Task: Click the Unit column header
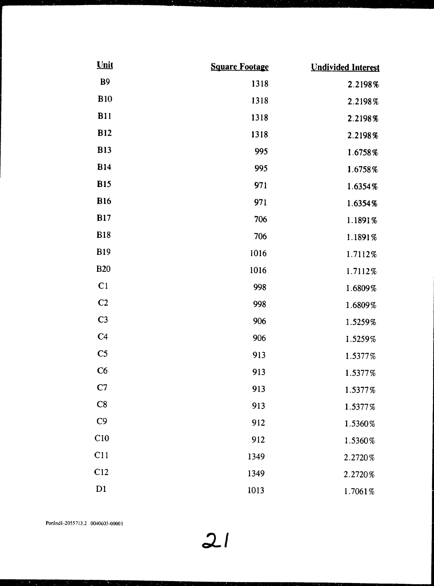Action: [x=105, y=65]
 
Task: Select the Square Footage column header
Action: [x=239, y=67]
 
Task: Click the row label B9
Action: [x=105, y=82]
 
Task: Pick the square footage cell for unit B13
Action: [x=261, y=151]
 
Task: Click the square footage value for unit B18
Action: [x=260, y=236]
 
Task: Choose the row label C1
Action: [x=103, y=286]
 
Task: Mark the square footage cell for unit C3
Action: [x=260, y=321]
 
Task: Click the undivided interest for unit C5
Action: [x=361, y=356]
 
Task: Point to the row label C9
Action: [x=102, y=421]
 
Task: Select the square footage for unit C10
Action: [x=258, y=439]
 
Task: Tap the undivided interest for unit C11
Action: [x=359, y=458]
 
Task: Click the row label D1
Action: [x=101, y=489]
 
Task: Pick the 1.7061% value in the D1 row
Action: [x=359, y=491]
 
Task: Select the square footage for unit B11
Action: [x=260, y=117]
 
